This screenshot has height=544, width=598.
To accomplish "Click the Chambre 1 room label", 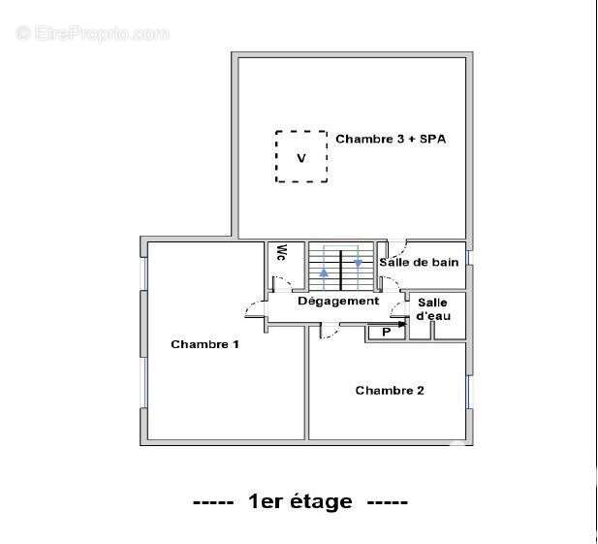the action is [x=205, y=344].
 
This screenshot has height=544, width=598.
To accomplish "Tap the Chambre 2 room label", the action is [x=390, y=390].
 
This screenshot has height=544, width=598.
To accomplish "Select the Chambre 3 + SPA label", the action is [x=391, y=139].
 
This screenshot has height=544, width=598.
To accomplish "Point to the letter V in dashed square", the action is [x=301, y=158].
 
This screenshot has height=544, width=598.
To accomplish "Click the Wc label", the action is [x=281, y=253].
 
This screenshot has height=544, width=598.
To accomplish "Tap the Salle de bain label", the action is [x=419, y=262].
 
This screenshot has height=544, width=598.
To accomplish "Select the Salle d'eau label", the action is [x=433, y=309].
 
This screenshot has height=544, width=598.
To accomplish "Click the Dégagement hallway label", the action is [x=338, y=301].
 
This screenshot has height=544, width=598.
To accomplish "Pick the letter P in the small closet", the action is [x=387, y=333].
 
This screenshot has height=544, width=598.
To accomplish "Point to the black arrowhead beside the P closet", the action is [x=401, y=324].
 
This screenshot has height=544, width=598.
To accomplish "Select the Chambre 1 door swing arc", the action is [x=252, y=306].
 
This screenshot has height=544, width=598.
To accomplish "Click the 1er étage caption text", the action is [x=300, y=501].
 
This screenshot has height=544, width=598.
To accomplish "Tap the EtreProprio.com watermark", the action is [x=93, y=33].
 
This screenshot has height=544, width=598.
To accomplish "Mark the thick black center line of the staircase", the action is [x=340, y=271].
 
